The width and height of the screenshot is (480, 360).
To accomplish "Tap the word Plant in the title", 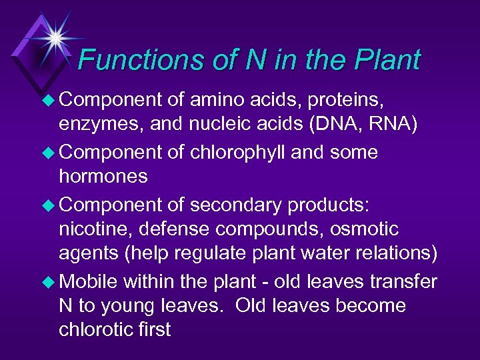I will coord(387,60).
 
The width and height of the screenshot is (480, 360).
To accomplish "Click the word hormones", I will coord(103,177).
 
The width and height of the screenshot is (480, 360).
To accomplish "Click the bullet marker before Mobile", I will coord(49,281).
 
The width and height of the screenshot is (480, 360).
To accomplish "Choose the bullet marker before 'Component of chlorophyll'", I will coord(49,153).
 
